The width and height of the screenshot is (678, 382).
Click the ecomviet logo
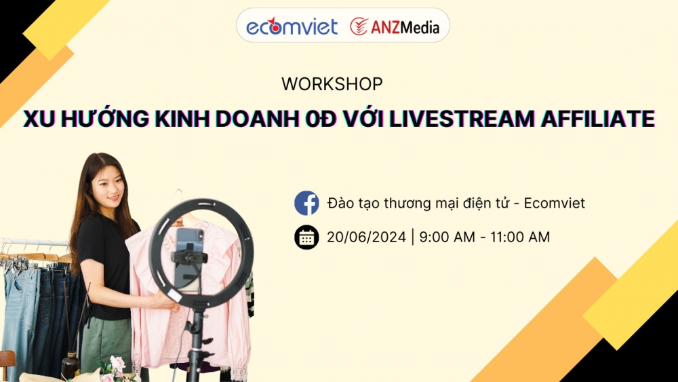[292, 26]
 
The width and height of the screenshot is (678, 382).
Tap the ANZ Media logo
[395, 26]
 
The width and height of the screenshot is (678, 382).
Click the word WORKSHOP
[332, 84]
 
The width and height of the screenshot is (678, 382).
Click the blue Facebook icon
[306, 203]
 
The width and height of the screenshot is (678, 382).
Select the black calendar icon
[306, 237]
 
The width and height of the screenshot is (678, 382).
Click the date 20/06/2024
[366, 237]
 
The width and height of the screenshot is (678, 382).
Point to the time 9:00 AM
[449, 237]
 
